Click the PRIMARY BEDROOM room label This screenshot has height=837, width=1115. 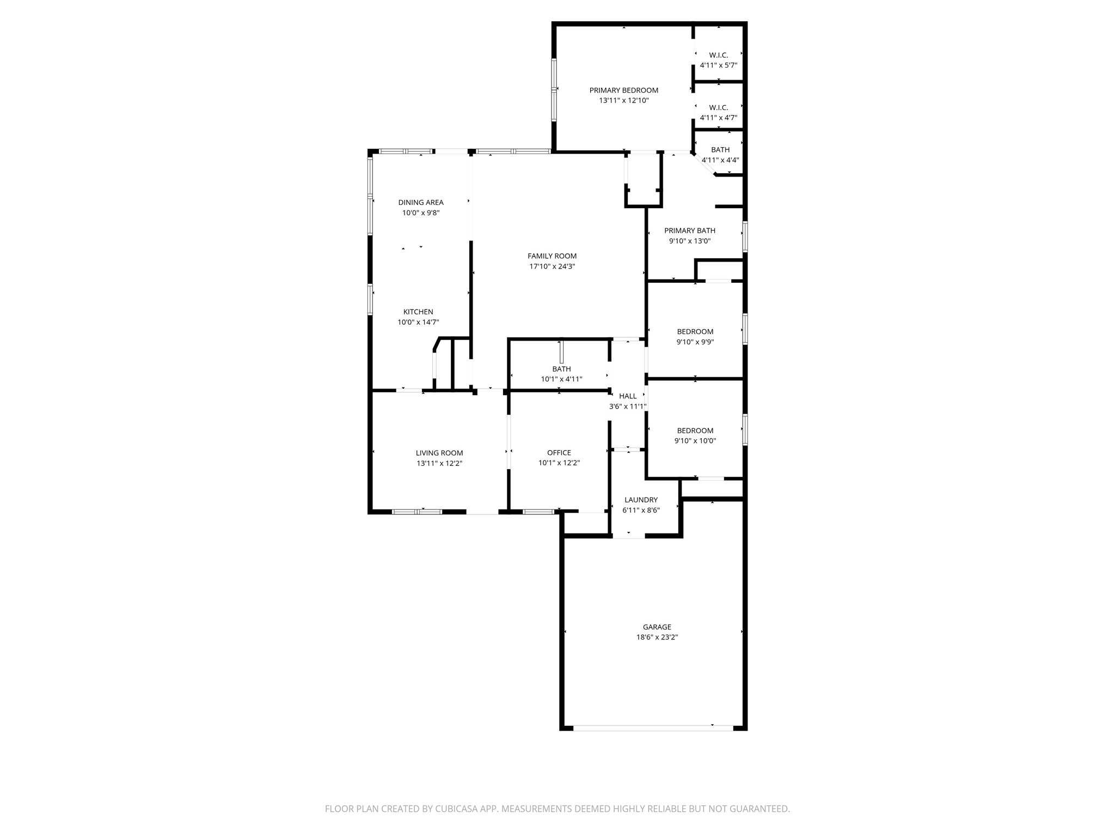click(623, 90)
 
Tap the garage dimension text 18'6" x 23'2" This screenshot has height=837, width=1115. click(657, 637)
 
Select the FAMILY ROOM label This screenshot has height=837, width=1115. click(552, 256)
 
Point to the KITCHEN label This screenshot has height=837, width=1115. click(418, 312)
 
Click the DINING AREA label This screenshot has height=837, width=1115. click(420, 203)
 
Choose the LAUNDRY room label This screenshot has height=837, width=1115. click(641, 500)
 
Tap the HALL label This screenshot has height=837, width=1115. click(627, 396)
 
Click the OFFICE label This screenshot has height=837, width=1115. click(559, 453)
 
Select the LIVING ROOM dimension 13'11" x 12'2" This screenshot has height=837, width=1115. click(439, 463)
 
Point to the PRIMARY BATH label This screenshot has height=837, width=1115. click(689, 231)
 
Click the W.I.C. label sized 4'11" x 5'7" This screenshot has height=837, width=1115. click(718, 55)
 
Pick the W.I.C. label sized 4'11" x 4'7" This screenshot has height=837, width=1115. click(718, 108)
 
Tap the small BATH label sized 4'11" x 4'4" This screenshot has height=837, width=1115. click(720, 150)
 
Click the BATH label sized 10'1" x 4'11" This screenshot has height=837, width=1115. click(561, 369)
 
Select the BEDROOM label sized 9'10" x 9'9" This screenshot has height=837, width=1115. click(695, 332)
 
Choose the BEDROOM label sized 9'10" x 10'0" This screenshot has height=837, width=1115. click(695, 430)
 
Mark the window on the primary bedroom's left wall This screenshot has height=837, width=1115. click(554, 89)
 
